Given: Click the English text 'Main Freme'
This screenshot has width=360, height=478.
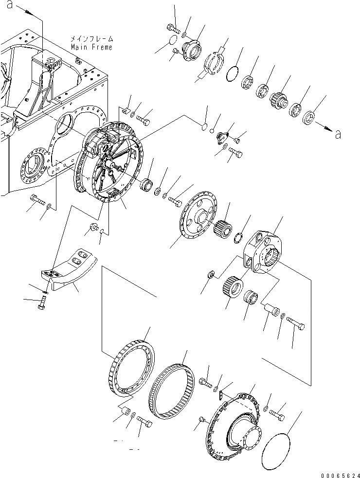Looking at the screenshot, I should tap(91, 47).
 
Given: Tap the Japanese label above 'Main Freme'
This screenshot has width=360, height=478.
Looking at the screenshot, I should tap(91, 39).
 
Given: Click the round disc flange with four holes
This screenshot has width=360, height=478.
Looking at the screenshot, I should tap(197, 214).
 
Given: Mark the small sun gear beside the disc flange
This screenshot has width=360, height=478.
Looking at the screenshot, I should tap(222, 226).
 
